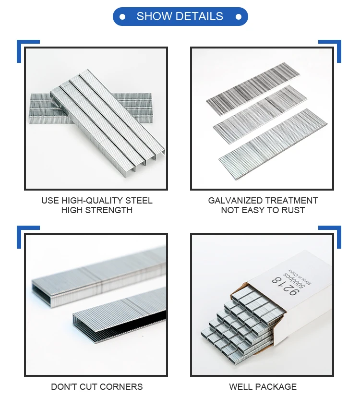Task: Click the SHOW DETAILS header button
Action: (180, 16)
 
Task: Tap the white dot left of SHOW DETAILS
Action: (122, 17)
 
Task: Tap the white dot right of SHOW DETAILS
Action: (238, 17)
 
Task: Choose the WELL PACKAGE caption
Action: (263, 386)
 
